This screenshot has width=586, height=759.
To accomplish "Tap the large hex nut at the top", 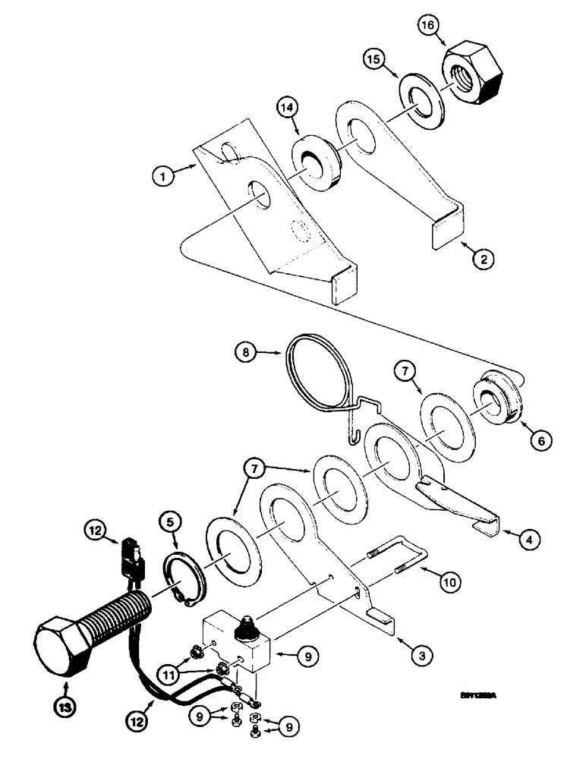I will point(474,75).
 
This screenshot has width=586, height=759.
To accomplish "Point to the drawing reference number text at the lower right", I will point(482,693).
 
